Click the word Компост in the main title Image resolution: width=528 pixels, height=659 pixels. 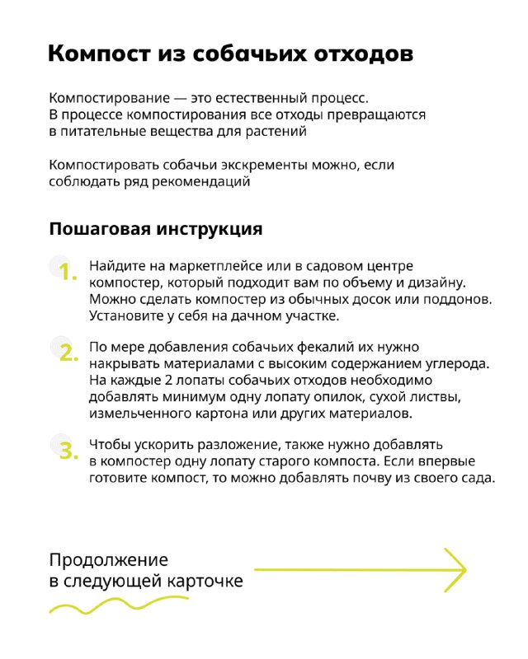pyautogui.click(x=99, y=54)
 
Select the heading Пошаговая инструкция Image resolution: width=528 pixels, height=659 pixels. pyautogui.click(x=156, y=230)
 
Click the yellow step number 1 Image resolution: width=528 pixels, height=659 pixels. pyautogui.click(x=68, y=272)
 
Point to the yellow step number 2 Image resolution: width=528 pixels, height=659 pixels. pyautogui.click(x=68, y=353)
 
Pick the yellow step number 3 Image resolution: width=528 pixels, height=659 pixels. pyautogui.click(x=68, y=451)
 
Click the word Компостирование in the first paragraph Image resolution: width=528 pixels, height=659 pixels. pyautogui.click(x=110, y=98)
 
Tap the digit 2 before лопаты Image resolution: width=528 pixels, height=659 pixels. pyautogui.click(x=168, y=381)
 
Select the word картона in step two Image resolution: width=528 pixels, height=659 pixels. pyautogui.click(x=219, y=414)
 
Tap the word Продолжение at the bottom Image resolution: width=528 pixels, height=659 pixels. pyautogui.click(x=109, y=560)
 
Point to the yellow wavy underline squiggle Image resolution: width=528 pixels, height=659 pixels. pyautogui.click(x=119, y=605)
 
